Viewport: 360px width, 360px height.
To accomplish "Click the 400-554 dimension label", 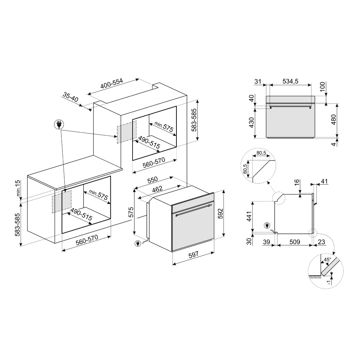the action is [112, 84].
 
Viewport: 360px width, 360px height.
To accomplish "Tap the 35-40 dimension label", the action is [70, 98].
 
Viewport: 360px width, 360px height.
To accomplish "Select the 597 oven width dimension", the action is [193, 255].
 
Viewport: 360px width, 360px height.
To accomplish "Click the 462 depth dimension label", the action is [157, 189].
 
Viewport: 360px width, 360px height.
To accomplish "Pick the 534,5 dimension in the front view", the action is [290, 81].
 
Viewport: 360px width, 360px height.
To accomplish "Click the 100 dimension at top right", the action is [323, 87].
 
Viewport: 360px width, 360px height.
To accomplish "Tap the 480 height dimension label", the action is [333, 119].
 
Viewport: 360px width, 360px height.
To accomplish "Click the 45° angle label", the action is [327, 260].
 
